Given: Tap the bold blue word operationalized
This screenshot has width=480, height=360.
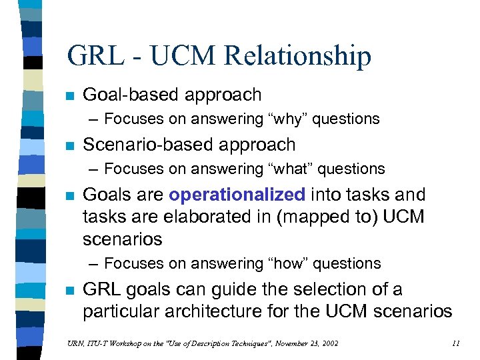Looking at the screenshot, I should click(237, 195).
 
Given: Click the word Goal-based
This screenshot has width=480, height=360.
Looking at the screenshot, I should click(129, 95).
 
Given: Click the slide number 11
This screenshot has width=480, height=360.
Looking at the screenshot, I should click(455, 343).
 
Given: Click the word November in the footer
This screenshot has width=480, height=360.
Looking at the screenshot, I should click(273, 343).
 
